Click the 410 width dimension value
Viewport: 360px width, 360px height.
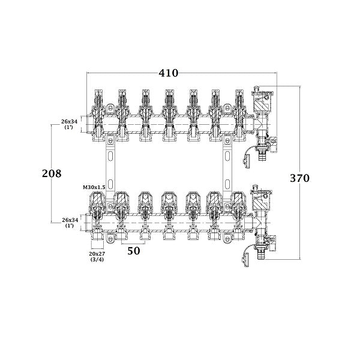pos(168,73)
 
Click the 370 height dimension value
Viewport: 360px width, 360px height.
pos(299,178)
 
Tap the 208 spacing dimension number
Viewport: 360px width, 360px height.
pos(52,173)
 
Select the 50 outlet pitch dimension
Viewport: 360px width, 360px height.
pos(134,251)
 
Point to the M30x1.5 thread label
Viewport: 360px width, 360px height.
pos(94,187)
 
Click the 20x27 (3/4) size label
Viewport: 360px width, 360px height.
pos(97,256)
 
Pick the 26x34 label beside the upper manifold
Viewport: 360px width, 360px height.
pos(69,124)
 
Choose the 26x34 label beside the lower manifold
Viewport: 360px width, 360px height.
pos(70,223)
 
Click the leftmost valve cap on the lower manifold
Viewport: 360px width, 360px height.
pos(97,200)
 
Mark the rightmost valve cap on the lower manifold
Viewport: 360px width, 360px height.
pos(239,200)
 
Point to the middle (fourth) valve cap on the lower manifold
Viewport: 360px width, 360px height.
pos(169,200)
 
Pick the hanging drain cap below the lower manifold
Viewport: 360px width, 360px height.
pos(246,259)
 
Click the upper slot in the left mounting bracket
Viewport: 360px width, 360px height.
pos(110,156)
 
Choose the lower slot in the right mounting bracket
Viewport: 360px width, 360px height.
pos(227,184)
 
